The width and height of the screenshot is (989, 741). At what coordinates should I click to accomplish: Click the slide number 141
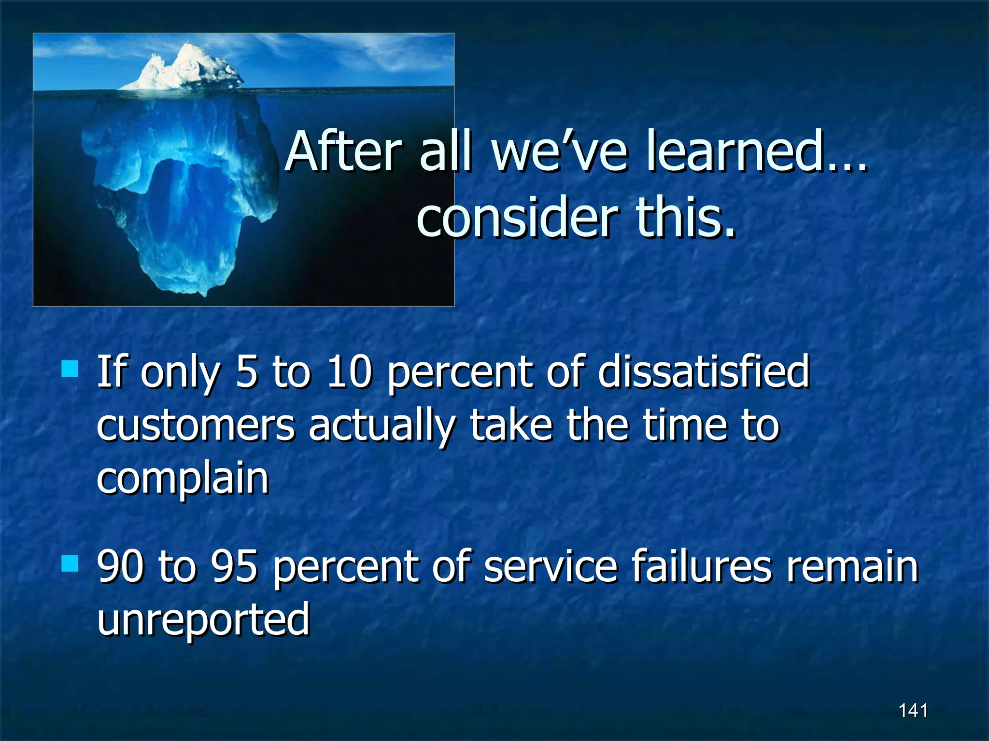pos(913,710)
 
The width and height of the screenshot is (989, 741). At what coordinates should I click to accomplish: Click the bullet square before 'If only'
pos(70,369)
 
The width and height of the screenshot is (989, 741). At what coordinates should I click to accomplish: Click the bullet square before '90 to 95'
pos(70,563)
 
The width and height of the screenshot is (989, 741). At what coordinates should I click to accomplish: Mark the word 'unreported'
pos(203,619)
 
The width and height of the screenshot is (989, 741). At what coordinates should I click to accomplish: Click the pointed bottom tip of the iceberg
pos(205,292)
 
